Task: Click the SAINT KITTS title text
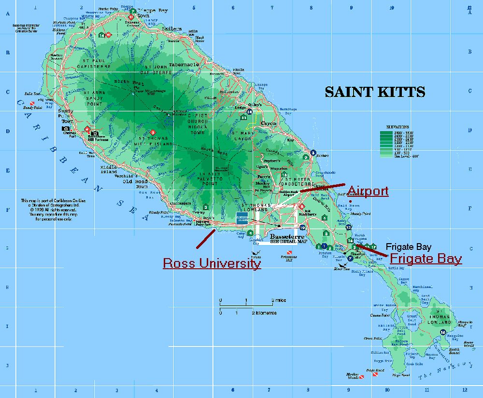tap(375, 92)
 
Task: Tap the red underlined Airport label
tap(368, 191)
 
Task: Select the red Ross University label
tap(212, 263)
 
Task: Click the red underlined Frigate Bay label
tap(426, 259)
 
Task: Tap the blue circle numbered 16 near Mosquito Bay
tap(443, 332)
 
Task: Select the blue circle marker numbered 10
tap(302, 228)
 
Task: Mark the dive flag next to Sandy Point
tap(33, 103)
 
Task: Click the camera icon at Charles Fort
tap(65, 129)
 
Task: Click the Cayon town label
tap(269, 124)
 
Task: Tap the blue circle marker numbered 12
tap(349, 227)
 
